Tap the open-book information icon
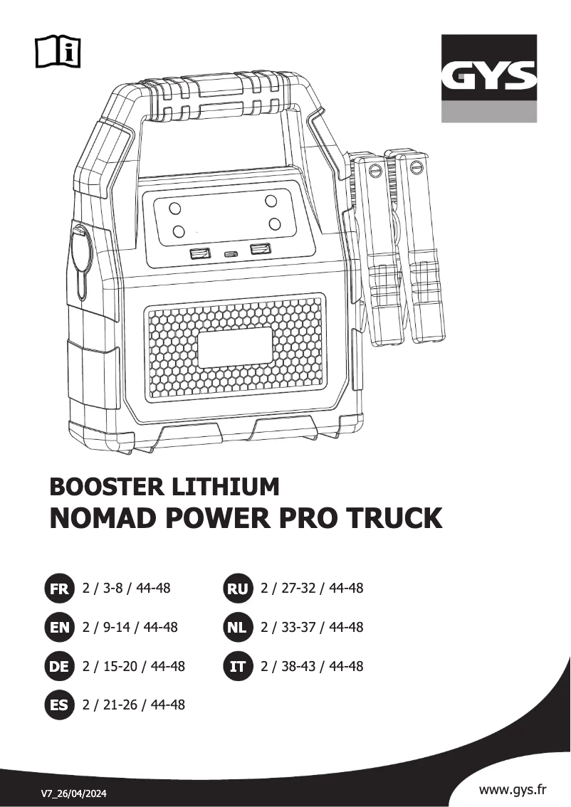pyautogui.click(x=58, y=51)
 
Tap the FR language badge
pyautogui.click(x=59, y=589)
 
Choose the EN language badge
pyautogui.click(x=59, y=628)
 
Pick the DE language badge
pyautogui.click(x=59, y=667)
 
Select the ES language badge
pyautogui.click(x=59, y=705)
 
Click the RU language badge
pyautogui.click(x=236, y=589)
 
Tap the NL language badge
pyautogui.click(x=236, y=628)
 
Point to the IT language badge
pyautogui.click(x=236, y=667)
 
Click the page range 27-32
pyautogui.click(x=293, y=589)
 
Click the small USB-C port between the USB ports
pyautogui.click(x=230, y=254)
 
